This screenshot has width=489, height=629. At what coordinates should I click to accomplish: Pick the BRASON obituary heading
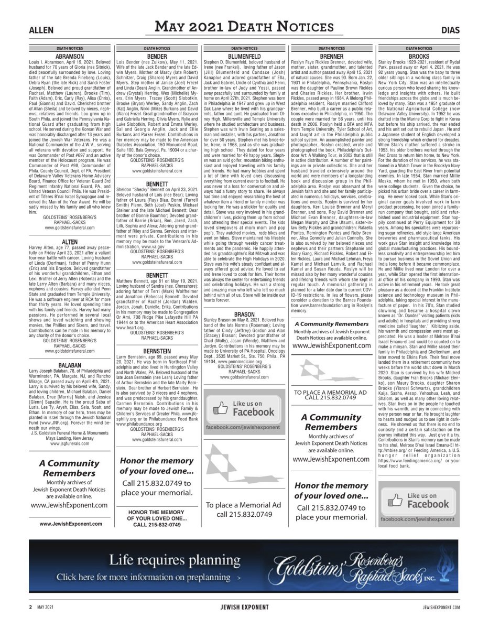click(x=244, y=314)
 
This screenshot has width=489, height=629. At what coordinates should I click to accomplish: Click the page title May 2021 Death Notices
click(x=244, y=27)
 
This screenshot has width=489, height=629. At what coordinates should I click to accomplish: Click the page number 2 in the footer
click(x=30, y=608)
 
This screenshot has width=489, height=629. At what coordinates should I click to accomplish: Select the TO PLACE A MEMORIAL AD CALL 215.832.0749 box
click(x=331, y=395)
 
